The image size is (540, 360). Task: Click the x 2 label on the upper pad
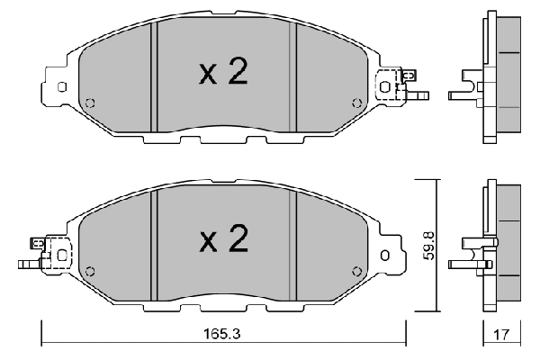tap(223, 74)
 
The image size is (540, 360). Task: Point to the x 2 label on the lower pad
tap(223, 238)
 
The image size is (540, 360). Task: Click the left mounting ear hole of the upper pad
tap(62, 87)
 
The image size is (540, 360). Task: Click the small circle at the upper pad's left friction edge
tap(88, 101)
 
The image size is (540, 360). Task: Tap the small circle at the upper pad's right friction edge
tap(358, 101)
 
